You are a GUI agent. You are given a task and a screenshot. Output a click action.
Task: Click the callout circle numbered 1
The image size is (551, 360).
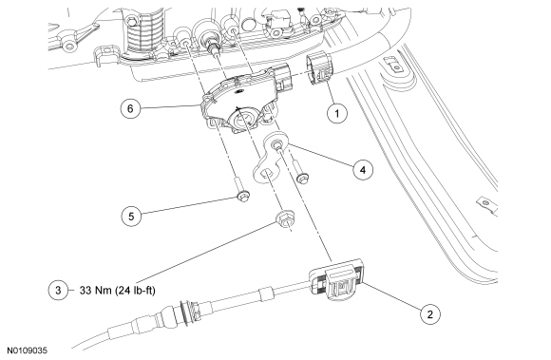point(337,113)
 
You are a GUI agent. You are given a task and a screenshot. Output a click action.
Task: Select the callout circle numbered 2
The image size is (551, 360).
point(429,314)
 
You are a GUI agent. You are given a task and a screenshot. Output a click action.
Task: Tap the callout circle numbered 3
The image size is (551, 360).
point(58,290)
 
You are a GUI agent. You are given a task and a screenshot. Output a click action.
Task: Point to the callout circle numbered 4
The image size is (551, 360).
point(363,170)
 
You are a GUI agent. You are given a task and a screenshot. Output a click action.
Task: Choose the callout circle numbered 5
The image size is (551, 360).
point(131,216)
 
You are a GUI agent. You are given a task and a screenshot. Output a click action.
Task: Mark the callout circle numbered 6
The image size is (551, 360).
point(130,108)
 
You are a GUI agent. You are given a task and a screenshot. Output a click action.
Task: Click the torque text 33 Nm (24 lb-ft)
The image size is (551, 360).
point(118,291)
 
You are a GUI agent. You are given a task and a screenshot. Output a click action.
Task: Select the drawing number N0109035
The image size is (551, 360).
point(28,351)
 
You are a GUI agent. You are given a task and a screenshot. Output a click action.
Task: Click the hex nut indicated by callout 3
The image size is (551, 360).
point(285,219)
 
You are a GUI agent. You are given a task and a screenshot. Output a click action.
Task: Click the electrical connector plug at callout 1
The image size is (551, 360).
point(319,68)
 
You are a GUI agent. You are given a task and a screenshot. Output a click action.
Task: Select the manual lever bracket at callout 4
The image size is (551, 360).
point(271,157)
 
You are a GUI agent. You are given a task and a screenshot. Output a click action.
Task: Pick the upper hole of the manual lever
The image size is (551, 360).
point(276,143)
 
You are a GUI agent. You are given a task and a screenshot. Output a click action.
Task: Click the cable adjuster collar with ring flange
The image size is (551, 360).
point(189,308)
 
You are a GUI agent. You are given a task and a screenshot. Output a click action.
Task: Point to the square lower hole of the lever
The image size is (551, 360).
point(266,174)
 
